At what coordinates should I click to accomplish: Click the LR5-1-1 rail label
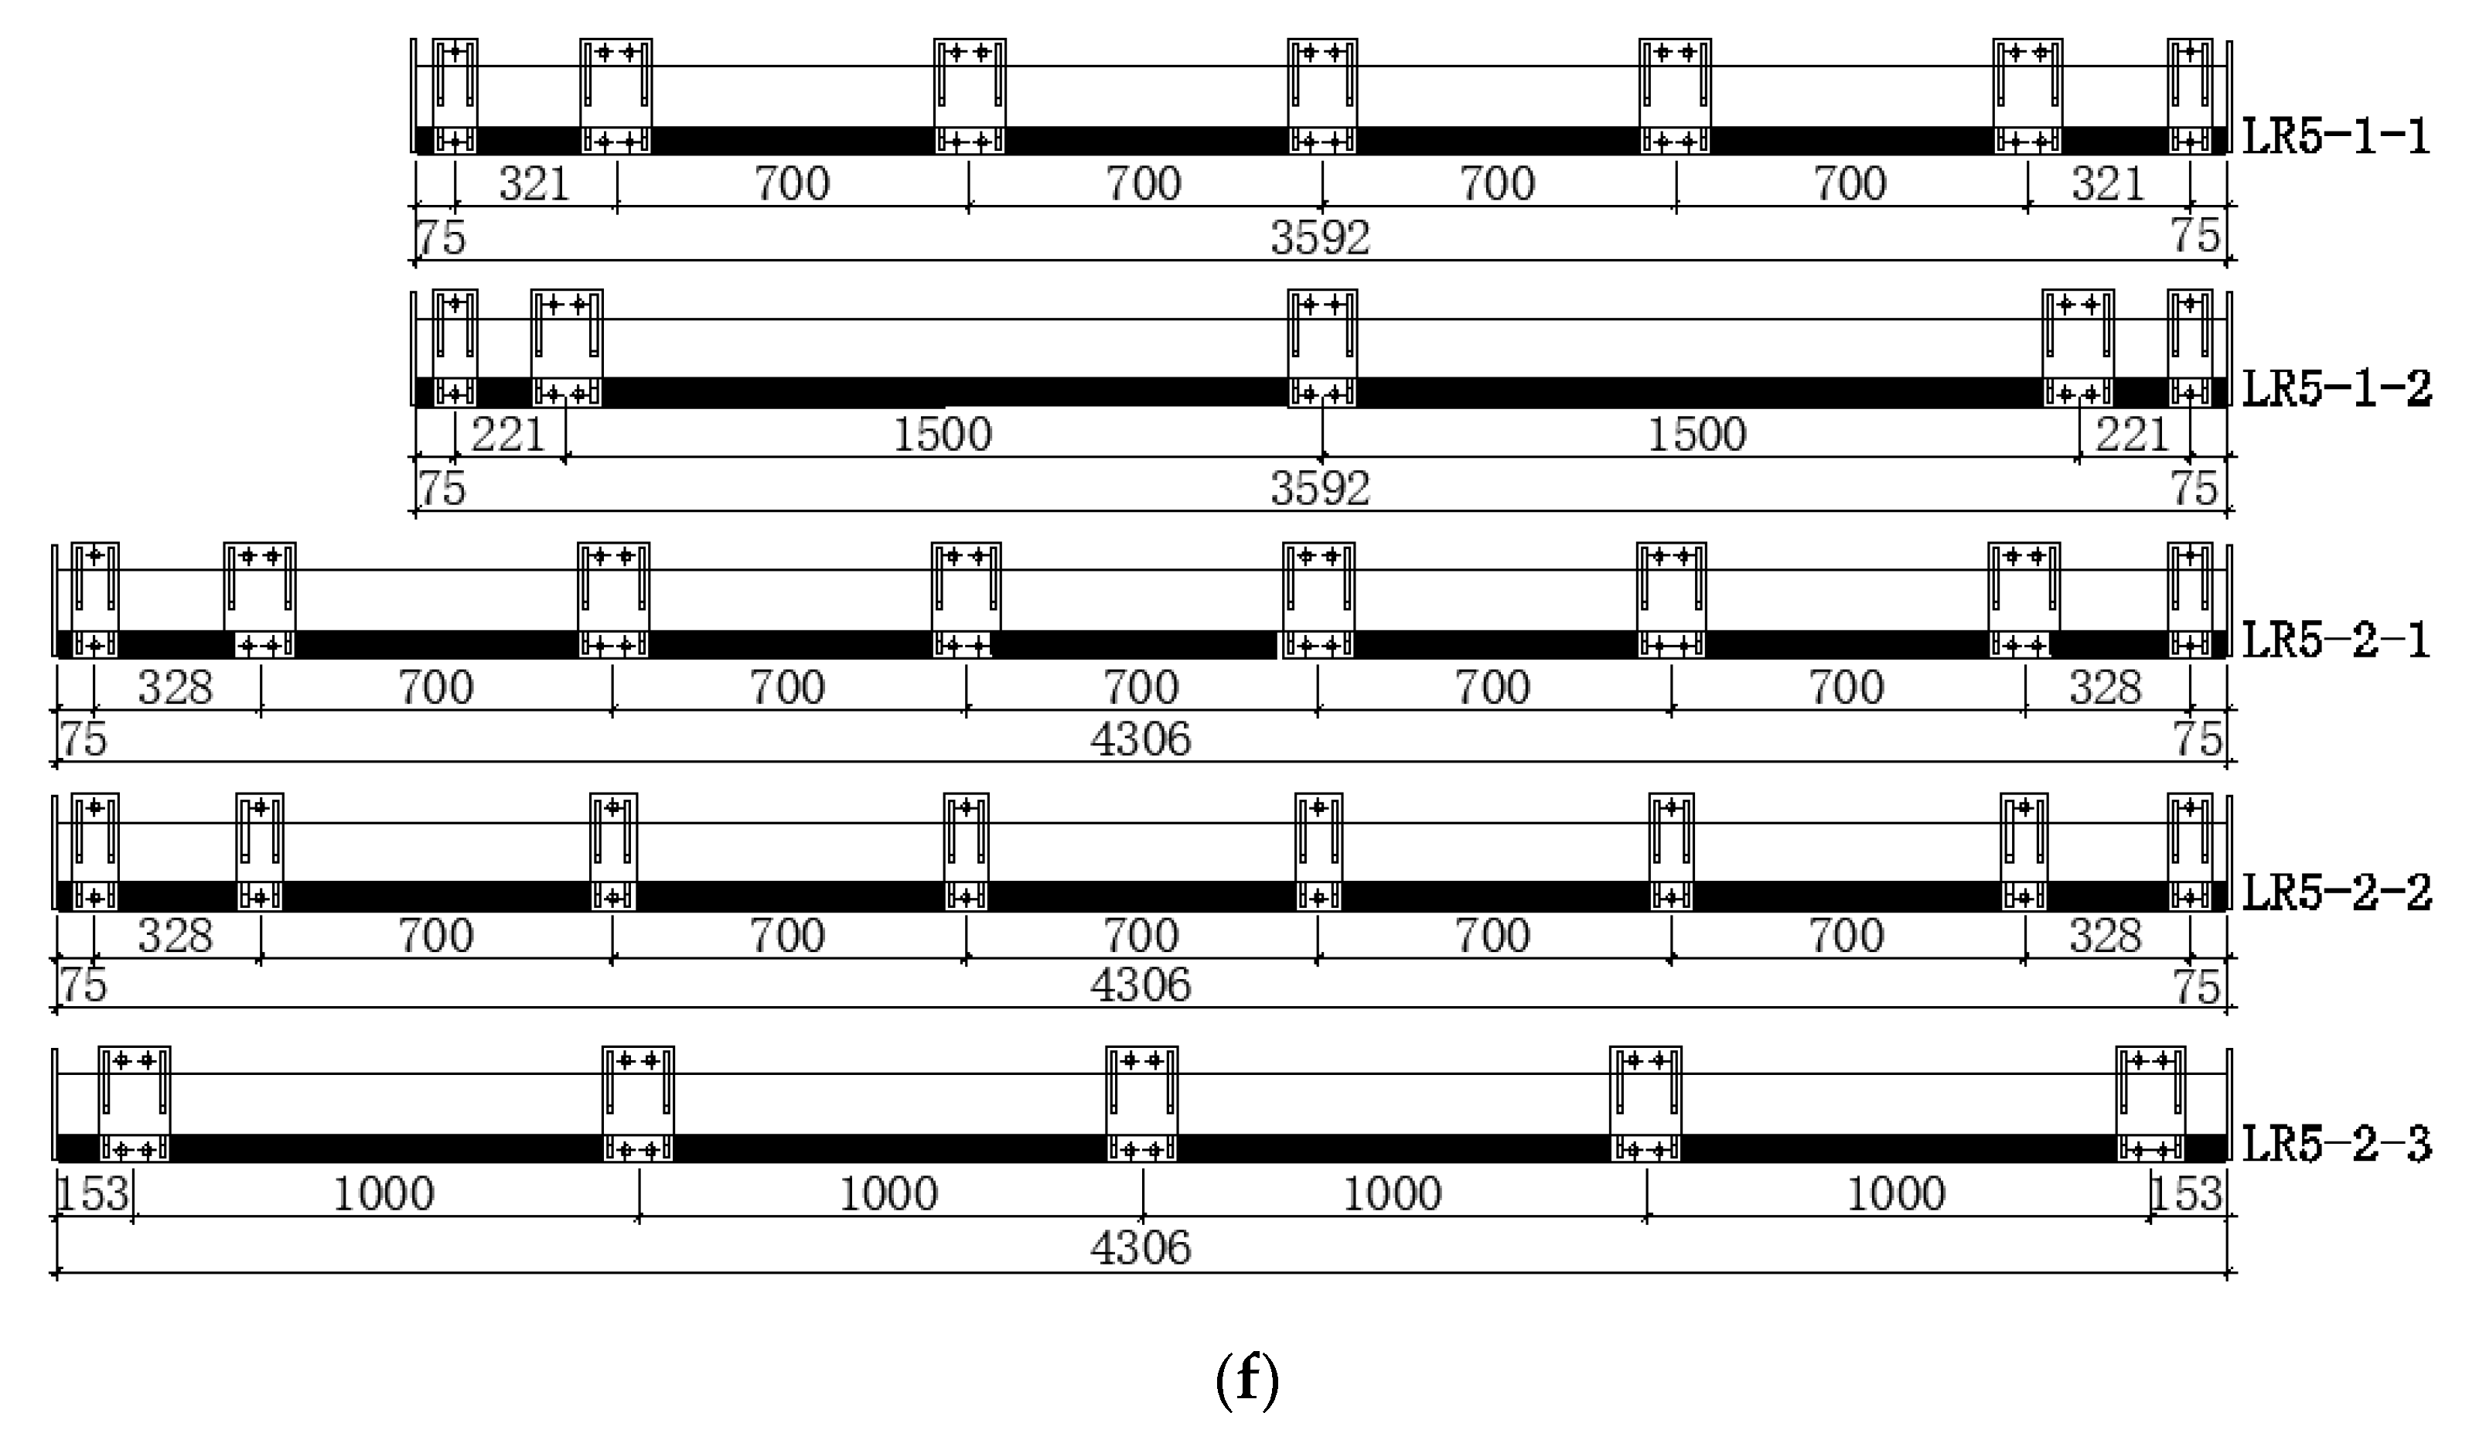tap(2337, 136)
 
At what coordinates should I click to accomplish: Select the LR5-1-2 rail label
tap(2337, 389)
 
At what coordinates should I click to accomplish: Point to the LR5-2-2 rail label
tap(2337, 892)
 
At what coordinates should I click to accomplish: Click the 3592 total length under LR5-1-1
tap(1320, 238)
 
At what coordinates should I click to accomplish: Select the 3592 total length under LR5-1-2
tap(1320, 489)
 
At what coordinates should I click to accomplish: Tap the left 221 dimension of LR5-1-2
tap(507, 435)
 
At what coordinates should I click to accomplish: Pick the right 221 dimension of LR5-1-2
tap(2131, 435)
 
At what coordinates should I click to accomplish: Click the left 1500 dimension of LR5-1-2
tap(943, 435)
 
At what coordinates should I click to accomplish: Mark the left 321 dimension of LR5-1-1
tap(534, 184)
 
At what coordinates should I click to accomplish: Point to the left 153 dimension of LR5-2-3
tap(93, 1194)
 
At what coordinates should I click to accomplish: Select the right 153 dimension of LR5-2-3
tap(2186, 1194)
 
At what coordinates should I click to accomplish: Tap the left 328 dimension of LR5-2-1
tap(176, 688)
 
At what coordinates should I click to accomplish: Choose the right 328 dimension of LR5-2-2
tap(2106, 937)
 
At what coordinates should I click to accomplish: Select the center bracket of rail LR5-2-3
tap(1141, 1104)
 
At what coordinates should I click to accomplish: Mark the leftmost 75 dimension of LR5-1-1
tap(441, 238)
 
